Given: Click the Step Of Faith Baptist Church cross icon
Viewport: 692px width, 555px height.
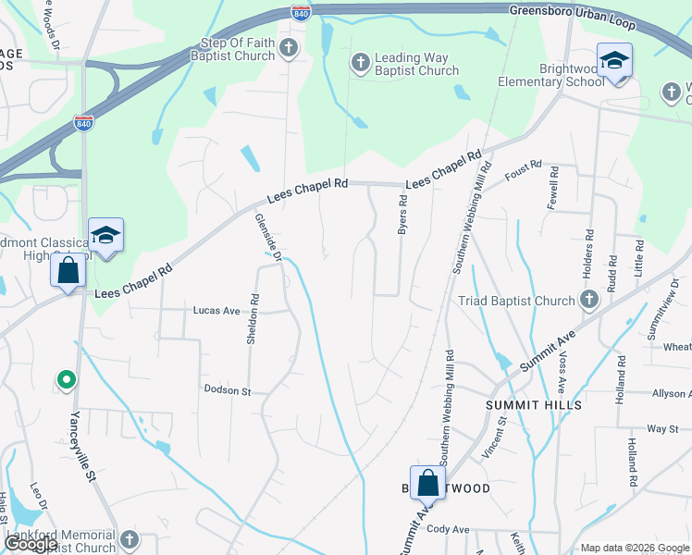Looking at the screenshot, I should click(289, 48).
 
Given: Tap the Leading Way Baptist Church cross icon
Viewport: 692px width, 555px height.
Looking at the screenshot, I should click(360, 63).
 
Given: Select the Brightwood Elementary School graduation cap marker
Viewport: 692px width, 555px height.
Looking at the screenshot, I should click(614, 61).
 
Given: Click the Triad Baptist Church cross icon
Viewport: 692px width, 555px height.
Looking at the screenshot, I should click(588, 300).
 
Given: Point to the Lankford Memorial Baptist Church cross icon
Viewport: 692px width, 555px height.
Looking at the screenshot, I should click(129, 539).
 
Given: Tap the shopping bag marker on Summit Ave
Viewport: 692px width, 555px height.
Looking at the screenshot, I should click(427, 483).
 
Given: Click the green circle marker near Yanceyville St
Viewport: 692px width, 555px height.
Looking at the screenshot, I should click(66, 379).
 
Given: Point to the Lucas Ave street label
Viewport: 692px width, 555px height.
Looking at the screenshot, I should click(216, 311).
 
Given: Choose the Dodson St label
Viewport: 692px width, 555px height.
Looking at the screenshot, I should click(228, 391).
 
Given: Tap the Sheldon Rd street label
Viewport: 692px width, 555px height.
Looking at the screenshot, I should click(253, 320).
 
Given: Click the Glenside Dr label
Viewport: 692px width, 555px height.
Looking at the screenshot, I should click(267, 237).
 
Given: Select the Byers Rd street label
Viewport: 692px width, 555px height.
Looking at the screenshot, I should click(402, 214).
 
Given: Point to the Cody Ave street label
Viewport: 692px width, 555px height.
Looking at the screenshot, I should click(449, 529).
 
